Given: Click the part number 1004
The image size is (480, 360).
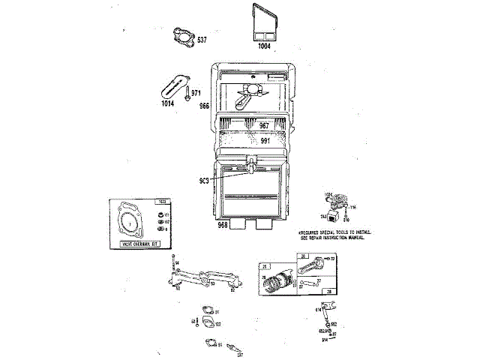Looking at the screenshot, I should click(263, 46).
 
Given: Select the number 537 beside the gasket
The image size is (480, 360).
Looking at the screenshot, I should click(202, 39).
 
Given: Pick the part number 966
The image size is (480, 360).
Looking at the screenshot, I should click(205, 107).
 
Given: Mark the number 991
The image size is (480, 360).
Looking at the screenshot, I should click(265, 141).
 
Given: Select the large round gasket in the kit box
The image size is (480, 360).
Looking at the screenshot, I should click(132, 222).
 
